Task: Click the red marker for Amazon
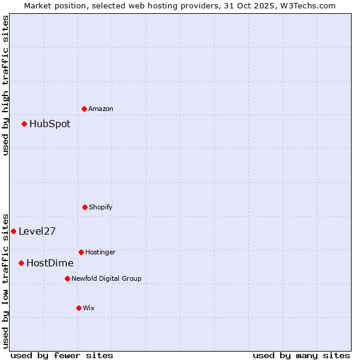85,109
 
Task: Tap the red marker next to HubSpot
25,124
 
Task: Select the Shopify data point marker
85,207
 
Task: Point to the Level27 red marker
13,231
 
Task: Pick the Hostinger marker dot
81,252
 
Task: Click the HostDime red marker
22,263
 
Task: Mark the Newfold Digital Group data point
67,278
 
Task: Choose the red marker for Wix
79,308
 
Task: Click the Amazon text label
101,109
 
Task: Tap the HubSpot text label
50,124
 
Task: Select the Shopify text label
101,207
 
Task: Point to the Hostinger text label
100,252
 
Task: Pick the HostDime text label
50,263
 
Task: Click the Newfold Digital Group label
106,278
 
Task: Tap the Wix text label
89,308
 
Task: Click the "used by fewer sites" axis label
62,355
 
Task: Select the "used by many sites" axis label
301,355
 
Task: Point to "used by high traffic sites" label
5,85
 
